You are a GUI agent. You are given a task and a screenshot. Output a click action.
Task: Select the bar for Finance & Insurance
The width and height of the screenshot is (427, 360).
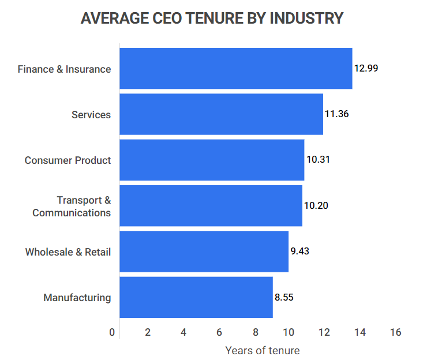coord(235,69)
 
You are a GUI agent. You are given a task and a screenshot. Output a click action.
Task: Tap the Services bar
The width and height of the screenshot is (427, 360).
coord(221,114)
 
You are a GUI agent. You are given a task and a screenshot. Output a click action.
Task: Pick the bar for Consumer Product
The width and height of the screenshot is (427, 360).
coord(211,160)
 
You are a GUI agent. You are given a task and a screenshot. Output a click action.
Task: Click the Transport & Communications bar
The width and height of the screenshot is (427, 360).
coord(211,206)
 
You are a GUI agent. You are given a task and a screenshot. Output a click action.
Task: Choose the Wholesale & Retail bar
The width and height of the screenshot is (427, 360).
coord(204,252)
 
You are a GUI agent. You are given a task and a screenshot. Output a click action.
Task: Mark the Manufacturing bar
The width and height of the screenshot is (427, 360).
coord(196,297)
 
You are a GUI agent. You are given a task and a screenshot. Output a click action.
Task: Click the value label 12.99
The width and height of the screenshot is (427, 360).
coord(366,68)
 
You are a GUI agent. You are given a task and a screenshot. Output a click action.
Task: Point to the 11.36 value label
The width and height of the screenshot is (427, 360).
coord(336,114)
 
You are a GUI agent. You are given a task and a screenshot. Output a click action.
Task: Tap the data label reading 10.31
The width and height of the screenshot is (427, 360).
coord(318,160)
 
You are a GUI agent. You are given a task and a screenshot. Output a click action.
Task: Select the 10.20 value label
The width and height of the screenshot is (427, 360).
coord(316,205)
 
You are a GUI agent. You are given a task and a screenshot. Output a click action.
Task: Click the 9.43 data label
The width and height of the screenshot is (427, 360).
coord(300,251)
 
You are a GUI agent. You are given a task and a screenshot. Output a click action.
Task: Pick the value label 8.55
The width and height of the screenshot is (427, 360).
coord(284,297)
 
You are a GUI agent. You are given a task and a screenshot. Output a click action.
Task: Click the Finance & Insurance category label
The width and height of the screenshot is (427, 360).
coord(64,69)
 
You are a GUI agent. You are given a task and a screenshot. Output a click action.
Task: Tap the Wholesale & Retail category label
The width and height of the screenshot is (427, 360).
coord(68,252)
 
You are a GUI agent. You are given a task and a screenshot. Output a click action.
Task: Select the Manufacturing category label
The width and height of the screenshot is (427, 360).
coord(77,298)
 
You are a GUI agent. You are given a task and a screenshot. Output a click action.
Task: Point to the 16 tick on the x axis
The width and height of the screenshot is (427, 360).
coord(395,332)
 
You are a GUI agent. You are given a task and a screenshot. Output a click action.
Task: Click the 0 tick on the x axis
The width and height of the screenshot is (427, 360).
coord(112,332)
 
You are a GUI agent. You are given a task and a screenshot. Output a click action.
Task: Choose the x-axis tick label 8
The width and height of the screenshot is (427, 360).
coord(255,332)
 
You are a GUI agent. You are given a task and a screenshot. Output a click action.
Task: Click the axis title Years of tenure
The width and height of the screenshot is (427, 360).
coord(263,350)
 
